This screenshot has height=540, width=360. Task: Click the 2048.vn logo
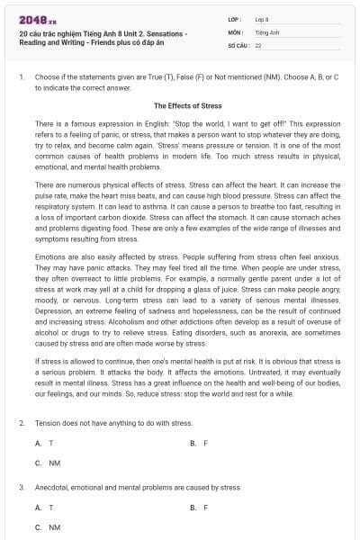tap(33, 19)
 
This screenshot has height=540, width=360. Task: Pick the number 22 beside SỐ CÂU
tap(258, 44)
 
